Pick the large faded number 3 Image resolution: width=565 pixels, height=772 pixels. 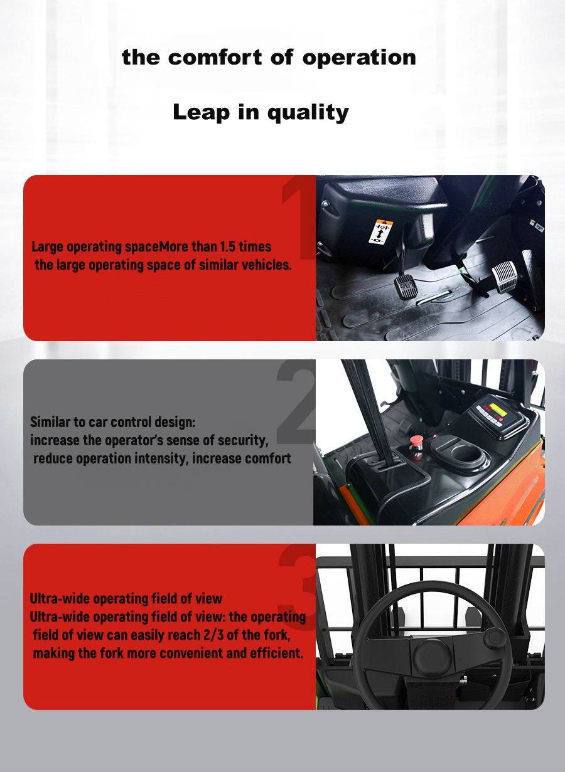coord(296,583)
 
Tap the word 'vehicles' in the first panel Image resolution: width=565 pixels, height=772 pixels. coord(266,265)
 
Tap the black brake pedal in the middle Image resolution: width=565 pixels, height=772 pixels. coord(406,287)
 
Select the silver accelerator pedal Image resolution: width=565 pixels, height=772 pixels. coord(504,273)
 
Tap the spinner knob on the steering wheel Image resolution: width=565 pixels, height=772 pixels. coord(495,637)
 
